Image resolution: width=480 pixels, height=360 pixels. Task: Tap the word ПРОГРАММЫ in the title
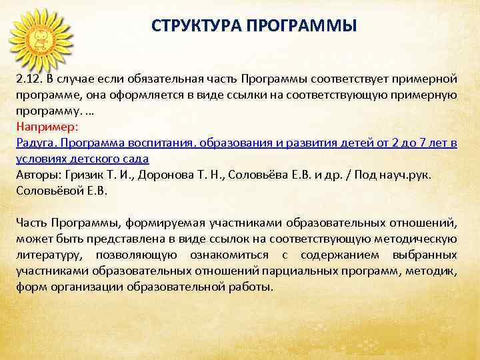pyautogui.click(x=294, y=26)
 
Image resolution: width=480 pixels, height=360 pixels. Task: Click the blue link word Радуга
pyautogui.click(x=34, y=142)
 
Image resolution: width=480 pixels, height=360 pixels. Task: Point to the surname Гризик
pyautogui.click(x=83, y=174)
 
